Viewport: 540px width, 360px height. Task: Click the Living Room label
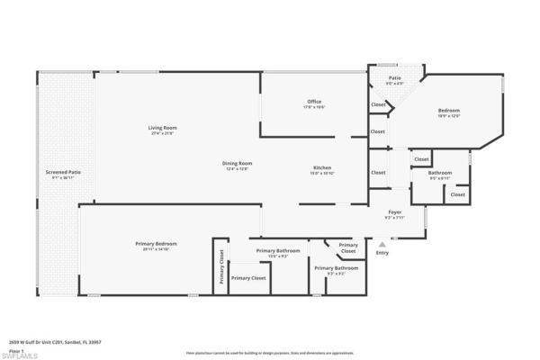163,127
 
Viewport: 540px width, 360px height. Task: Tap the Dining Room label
238,163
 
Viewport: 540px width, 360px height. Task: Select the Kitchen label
322,167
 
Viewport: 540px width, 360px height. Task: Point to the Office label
313,102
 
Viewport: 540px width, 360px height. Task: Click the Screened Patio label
63,172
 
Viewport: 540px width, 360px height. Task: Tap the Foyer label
394,211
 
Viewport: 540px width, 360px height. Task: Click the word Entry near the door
382,252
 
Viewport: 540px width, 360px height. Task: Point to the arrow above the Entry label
382,243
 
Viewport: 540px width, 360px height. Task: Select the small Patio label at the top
394,78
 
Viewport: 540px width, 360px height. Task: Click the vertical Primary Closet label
220,267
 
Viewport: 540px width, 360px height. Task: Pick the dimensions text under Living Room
163,133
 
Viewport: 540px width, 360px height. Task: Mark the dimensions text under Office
313,107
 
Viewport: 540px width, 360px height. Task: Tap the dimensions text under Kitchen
322,173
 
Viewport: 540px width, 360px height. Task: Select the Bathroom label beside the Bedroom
440,172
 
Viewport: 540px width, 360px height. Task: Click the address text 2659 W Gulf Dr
45,342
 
